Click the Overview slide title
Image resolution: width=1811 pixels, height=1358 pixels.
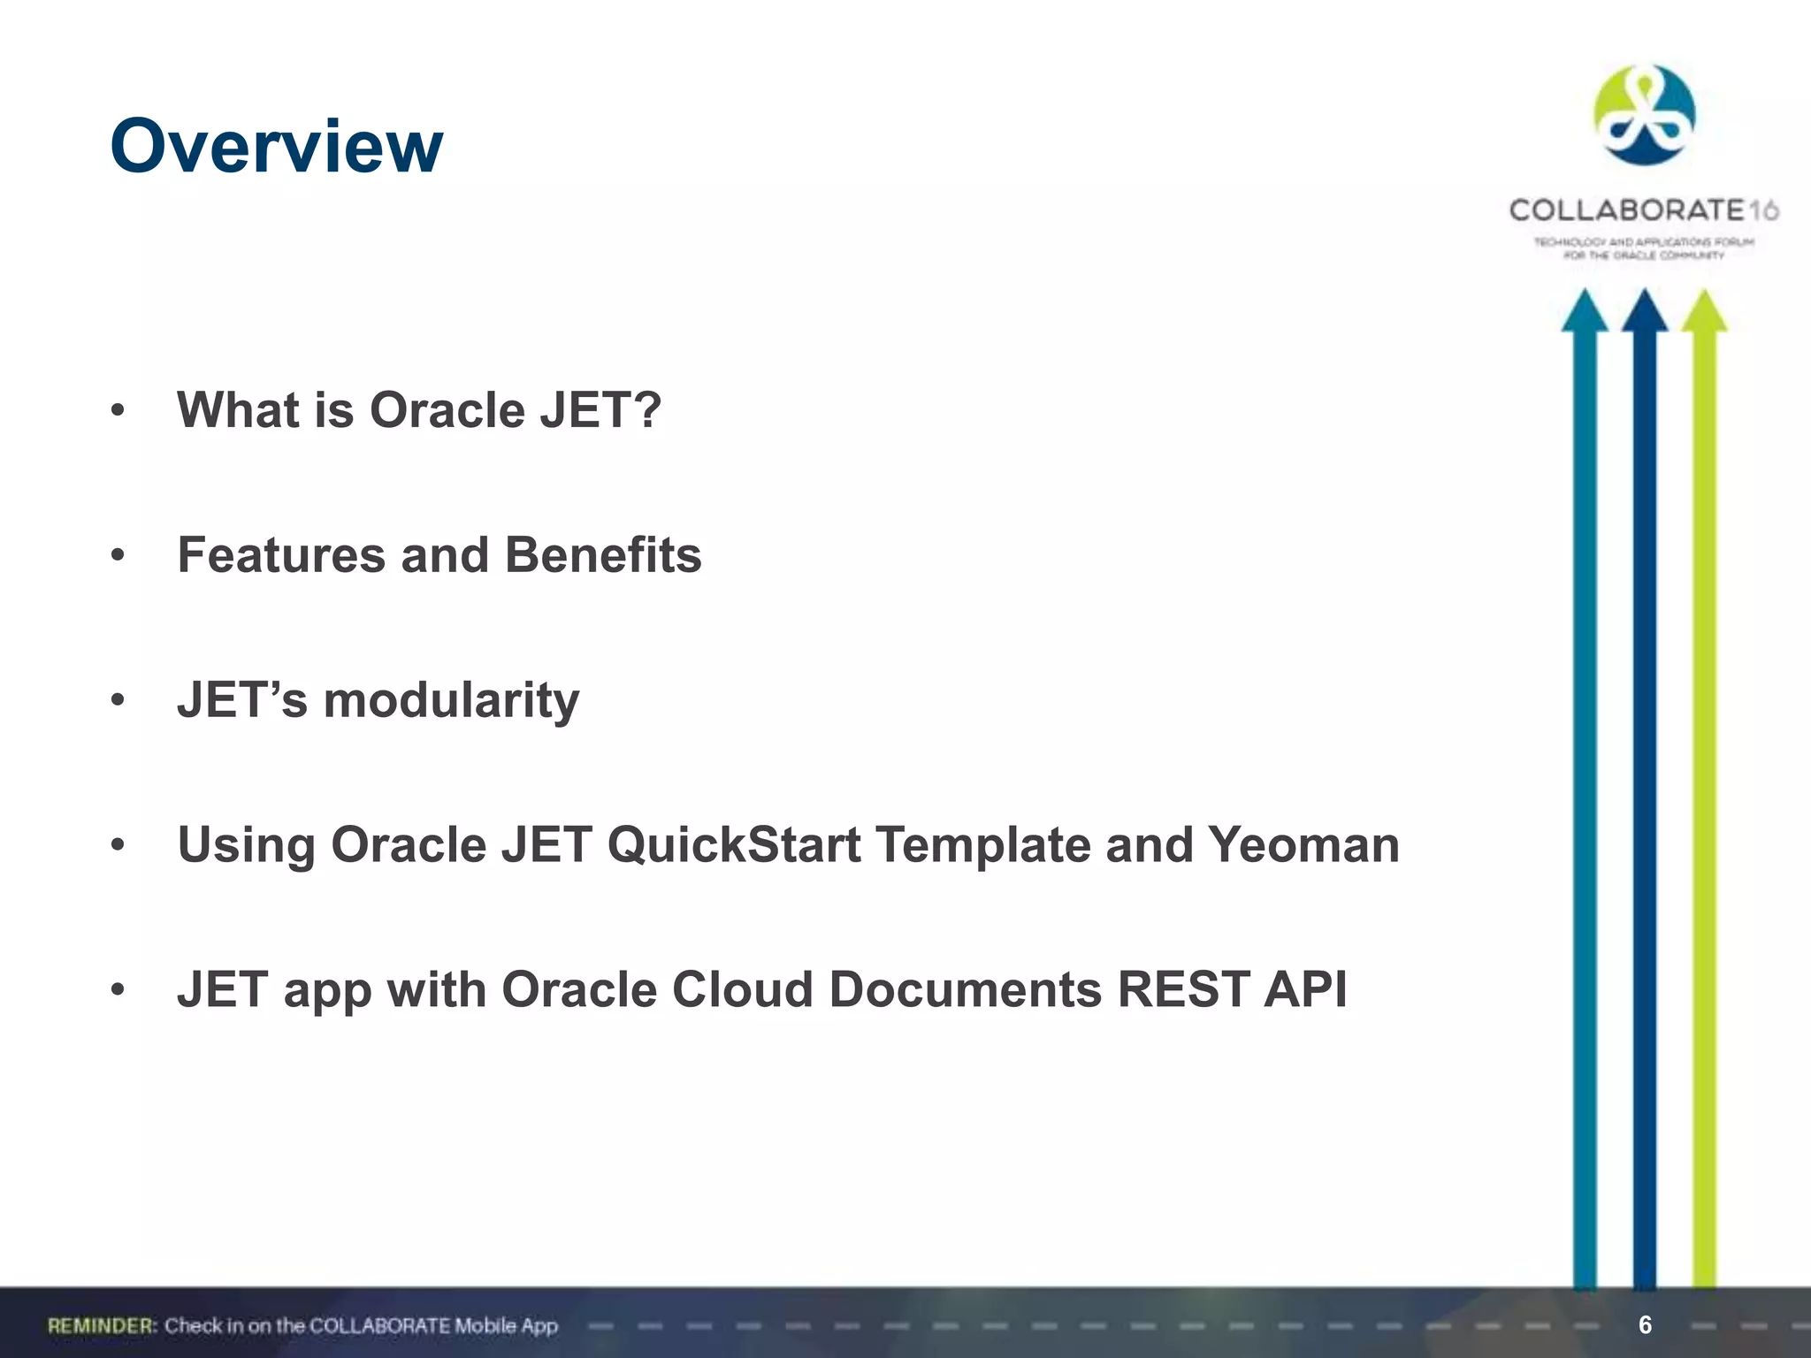pos(276,146)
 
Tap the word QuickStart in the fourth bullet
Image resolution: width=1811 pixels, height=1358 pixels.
pos(733,845)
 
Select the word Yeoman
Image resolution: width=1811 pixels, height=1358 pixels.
pos(1303,845)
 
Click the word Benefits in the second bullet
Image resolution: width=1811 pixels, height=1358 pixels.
pos(602,555)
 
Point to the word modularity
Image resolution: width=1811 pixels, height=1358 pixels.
pos(451,700)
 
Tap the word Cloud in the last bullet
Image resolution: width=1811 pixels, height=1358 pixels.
pos(742,989)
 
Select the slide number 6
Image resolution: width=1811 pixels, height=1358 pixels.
pos(1645,1324)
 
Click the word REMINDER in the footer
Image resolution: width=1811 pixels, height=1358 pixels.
pos(102,1325)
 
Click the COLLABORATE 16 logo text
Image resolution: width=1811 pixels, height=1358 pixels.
pos(1643,210)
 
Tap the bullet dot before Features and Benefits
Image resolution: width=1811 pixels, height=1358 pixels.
pos(118,556)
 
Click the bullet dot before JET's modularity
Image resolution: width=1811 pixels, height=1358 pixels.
pos(118,701)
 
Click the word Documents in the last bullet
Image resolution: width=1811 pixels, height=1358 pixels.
pos(965,989)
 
